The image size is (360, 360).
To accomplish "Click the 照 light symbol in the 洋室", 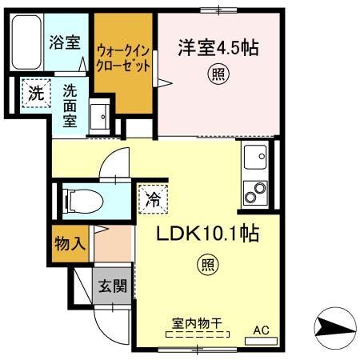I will [x=217, y=75].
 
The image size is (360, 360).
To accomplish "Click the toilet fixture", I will [x=79, y=199].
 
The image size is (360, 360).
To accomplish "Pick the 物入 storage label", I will [x=70, y=243].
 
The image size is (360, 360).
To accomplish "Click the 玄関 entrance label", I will [x=112, y=286].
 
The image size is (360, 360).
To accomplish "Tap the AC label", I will [x=262, y=329].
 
